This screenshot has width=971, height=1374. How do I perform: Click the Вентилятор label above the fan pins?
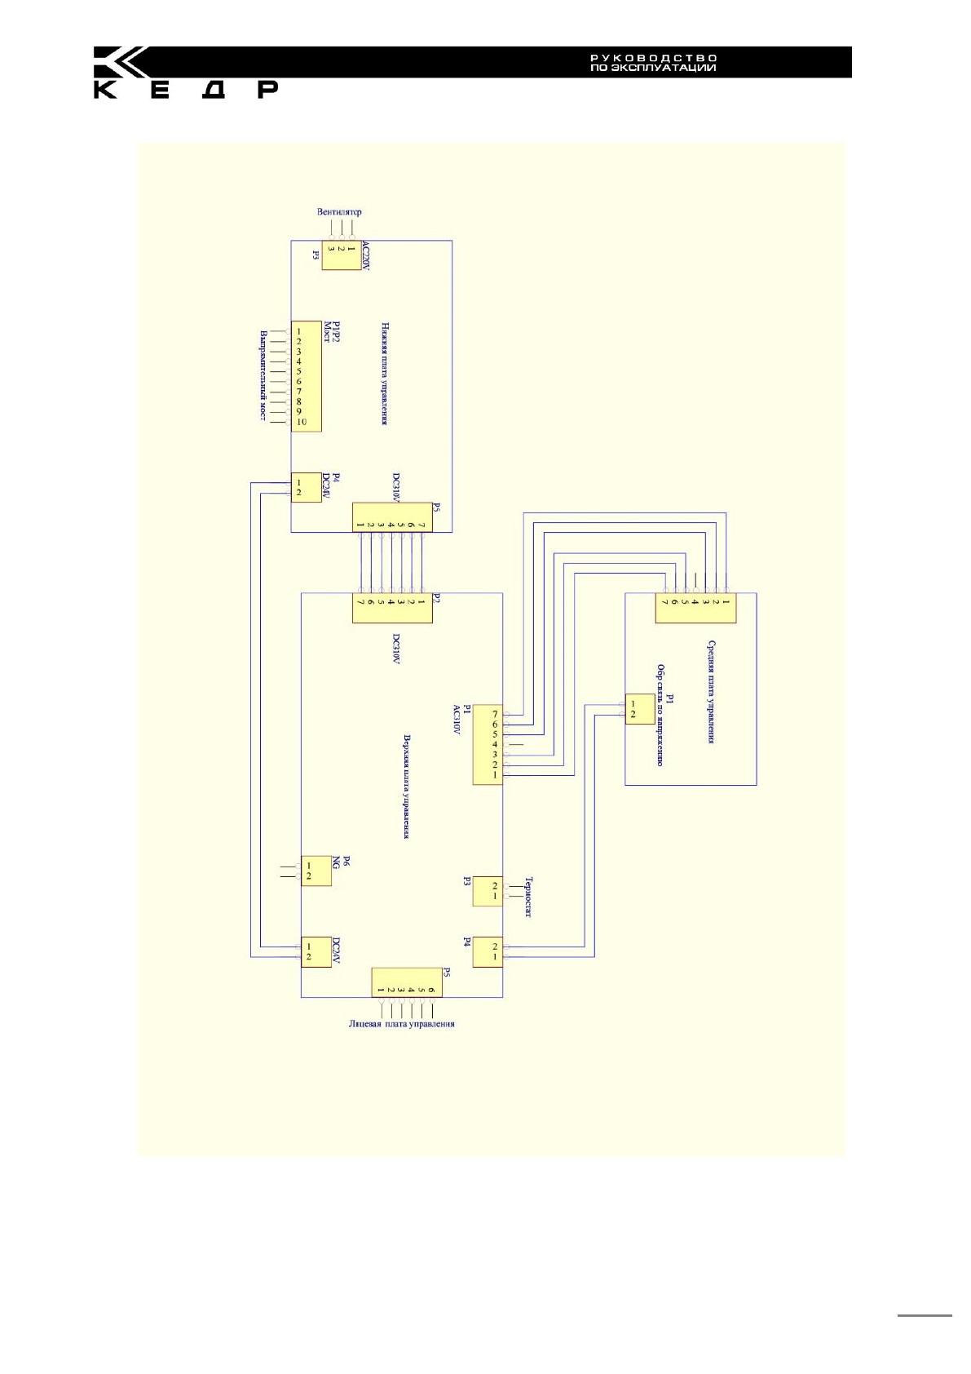click(339, 212)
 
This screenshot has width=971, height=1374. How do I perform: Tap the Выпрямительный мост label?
click(263, 375)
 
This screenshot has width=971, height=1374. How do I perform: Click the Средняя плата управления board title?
click(711, 692)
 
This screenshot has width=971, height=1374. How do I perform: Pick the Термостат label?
click(527, 897)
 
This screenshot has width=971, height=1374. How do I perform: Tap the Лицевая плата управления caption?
click(401, 1024)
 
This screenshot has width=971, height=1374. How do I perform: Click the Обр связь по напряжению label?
click(660, 715)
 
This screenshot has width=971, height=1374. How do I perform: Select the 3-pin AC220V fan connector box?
click(341, 255)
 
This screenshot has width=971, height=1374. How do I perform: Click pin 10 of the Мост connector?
click(302, 422)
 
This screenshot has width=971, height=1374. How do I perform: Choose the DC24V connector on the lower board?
click(306, 488)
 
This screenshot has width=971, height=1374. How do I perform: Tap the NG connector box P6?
click(316, 871)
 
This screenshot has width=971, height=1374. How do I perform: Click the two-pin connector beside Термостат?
click(488, 891)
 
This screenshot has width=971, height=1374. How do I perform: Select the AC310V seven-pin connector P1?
click(488, 744)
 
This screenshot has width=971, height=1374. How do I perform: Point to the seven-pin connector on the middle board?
click(695, 609)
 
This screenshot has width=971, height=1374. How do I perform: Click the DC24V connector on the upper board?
click(316, 951)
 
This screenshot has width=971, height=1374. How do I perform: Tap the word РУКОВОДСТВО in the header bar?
click(653, 58)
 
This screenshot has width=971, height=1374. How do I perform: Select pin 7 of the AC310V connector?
click(494, 715)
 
